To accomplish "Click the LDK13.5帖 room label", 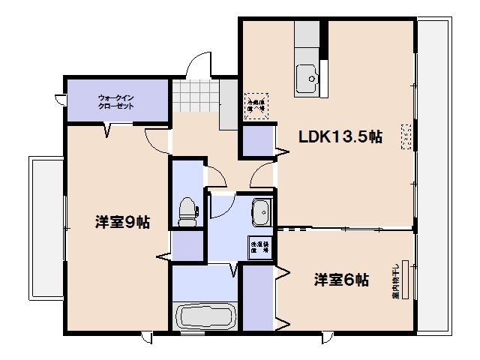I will coord(340,137).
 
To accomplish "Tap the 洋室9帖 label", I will coord(122,222).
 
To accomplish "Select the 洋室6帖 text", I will coord(340,280).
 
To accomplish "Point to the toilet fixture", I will coord(187,211).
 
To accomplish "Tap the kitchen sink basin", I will coord(307,76).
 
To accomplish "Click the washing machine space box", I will coord(259,247).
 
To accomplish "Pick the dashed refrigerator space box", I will coord(256,103).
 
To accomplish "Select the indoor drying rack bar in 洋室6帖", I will coord(406,280).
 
